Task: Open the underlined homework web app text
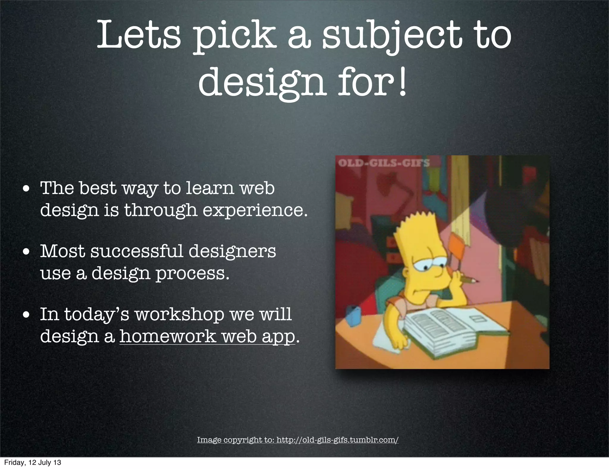(x=207, y=336)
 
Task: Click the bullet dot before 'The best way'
(x=27, y=189)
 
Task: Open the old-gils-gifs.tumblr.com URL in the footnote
(x=337, y=440)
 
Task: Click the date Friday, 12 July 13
(x=32, y=462)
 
